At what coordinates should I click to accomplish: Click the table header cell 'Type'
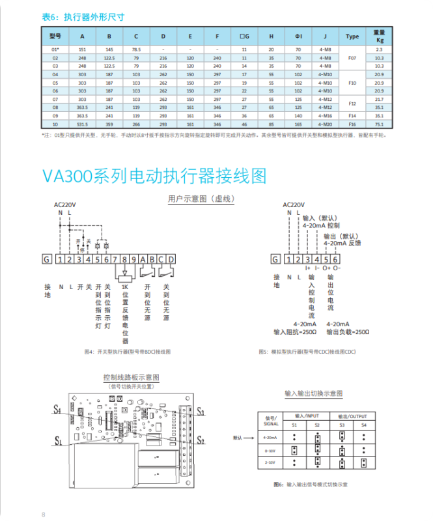[352, 36]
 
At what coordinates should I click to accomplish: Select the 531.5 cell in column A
[83, 124]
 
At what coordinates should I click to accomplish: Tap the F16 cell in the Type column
[352, 124]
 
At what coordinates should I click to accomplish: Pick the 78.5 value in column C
[136, 49]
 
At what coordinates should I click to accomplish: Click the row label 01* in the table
[55, 49]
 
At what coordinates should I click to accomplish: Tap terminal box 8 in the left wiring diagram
[124, 259]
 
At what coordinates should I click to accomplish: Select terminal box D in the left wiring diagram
[171, 259]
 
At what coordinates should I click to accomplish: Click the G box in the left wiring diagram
[46, 259]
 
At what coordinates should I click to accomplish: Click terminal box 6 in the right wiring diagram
[335, 259]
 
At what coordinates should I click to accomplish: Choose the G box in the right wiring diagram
[276, 259]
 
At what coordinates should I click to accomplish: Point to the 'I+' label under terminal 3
[308, 268]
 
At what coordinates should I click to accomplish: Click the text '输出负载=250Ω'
[348, 331]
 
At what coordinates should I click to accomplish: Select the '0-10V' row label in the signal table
[270, 450]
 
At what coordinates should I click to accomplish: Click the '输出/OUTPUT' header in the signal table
[352, 415]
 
